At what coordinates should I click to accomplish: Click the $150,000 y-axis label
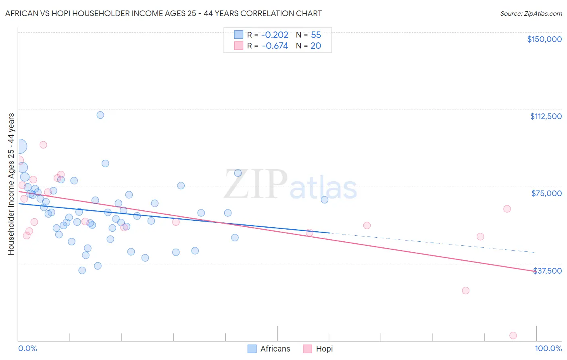click(x=544, y=39)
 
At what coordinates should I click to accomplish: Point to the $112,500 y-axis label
click(x=546, y=116)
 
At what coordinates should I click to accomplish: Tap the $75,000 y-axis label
click(x=546, y=193)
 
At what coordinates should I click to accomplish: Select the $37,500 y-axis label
click(x=547, y=271)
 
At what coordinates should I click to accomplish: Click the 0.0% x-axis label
click(x=27, y=348)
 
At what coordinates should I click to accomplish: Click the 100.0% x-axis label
click(x=548, y=348)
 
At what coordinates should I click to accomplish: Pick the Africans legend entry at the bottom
click(x=269, y=349)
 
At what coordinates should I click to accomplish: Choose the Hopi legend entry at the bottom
click(x=318, y=349)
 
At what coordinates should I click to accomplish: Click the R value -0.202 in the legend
click(x=275, y=35)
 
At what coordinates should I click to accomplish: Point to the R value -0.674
click(x=275, y=46)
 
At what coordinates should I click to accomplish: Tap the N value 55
click(x=316, y=35)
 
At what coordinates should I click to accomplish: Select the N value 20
click(x=316, y=46)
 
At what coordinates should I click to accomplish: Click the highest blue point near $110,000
click(x=100, y=115)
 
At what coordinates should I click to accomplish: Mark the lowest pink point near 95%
click(x=513, y=335)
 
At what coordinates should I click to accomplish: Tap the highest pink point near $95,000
click(x=43, y=145)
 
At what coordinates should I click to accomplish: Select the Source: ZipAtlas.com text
click(x=531, y=14)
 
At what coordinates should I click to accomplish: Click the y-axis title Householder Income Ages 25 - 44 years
click(x=11, y=184)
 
